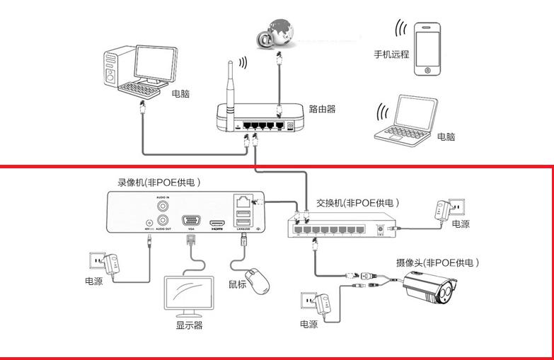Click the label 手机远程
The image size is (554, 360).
click(391, 54)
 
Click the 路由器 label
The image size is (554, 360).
click(322, 110)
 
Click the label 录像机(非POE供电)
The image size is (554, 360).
click(159, 182)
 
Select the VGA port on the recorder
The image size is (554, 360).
click(190, 220)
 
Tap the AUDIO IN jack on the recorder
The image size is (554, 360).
click(163, 206)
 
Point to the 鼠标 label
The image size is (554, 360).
click(238, 285)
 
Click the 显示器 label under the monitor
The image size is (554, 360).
click(189, 325)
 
